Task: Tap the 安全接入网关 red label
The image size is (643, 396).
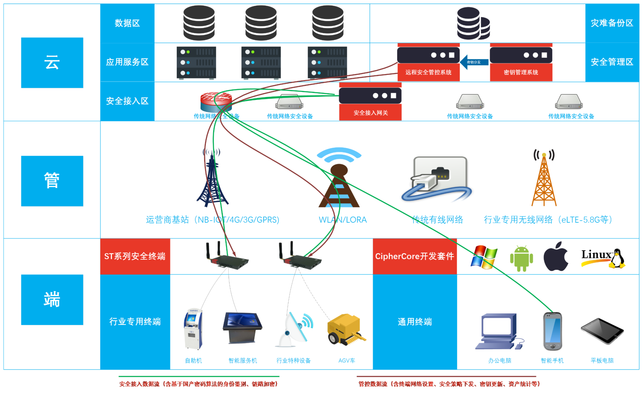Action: (x=370, y=113)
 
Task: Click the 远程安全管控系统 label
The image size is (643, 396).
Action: (x=428, y=72)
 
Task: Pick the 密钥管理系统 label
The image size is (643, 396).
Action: (x=521, y=72)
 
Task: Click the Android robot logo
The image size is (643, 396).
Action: (x=522, y=258)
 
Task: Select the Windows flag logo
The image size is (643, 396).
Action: (x=484, y=257)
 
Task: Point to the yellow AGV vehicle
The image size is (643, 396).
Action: (x=346, y=329)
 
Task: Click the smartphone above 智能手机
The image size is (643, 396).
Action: (x=552, y=331)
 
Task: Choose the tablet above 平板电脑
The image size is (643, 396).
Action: (x=602, y=331)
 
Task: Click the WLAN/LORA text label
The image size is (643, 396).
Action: (x=343, y=220)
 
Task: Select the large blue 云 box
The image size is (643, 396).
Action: (x=52, y=63)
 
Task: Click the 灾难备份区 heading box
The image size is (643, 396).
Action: (x=612, y=23)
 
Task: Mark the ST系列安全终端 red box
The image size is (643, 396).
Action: (x=135, y=256)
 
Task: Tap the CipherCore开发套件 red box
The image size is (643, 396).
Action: (x=414, y=256)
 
